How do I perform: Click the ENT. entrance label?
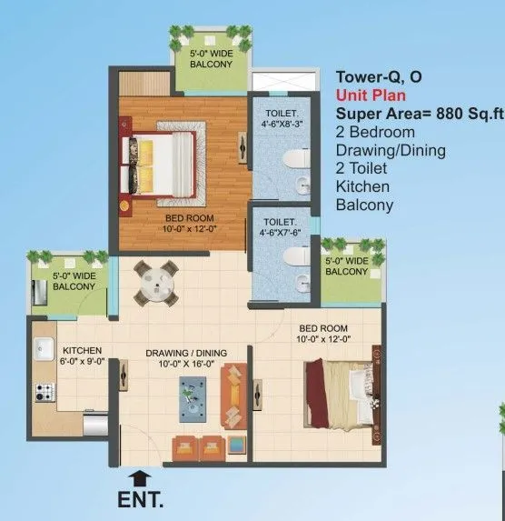pyautogui.click(x=142, y=498)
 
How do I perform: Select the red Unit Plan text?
pyautogui.click(x=371, y=95)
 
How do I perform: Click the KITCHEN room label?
pyautogui.click(x=81, y=350)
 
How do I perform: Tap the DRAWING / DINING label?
pyautogui.click(x=185, y=353)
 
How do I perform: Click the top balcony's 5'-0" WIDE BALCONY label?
pyautogui.click(x=210, y=60)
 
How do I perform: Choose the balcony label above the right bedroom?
pyautogui.click(x=346, y=266)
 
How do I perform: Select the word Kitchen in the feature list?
pyautogui.click(x=362, y=186)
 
